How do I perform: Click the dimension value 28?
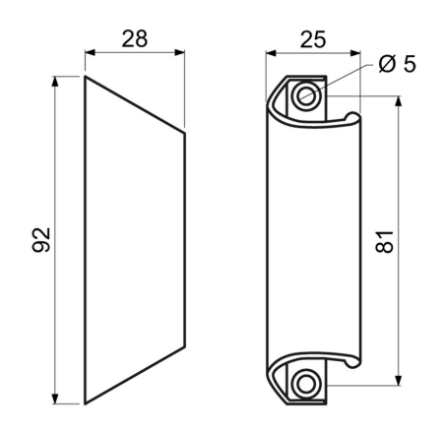tap(135, 39)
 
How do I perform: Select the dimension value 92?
tap(41, 240)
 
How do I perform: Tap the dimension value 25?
tap(313, 39)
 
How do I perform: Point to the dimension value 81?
tap(384, 242)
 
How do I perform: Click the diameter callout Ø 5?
tap(397, 64)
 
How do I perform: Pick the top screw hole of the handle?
tap(306, 96)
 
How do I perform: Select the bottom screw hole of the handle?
tap(306, 385)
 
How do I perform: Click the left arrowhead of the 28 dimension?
tap(90, 52)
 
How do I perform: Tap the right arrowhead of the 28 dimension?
tap(179, 52)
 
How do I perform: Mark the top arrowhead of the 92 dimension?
tap(55, 82)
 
